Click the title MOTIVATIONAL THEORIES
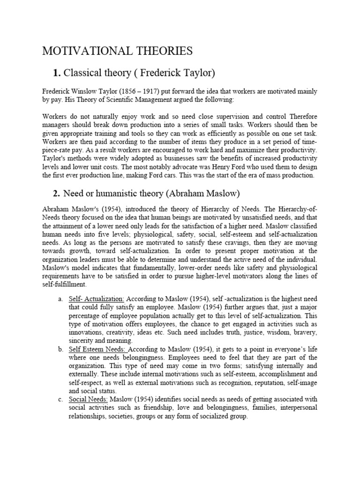click(x=117, y=51)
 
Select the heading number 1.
click(x=57, y=72)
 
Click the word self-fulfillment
click(x=65, y=285)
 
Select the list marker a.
click(x=60, y=299)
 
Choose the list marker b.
click(x=60, y=349)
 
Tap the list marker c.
click(x=60, y=399)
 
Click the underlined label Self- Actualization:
click(x=97, y=299)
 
